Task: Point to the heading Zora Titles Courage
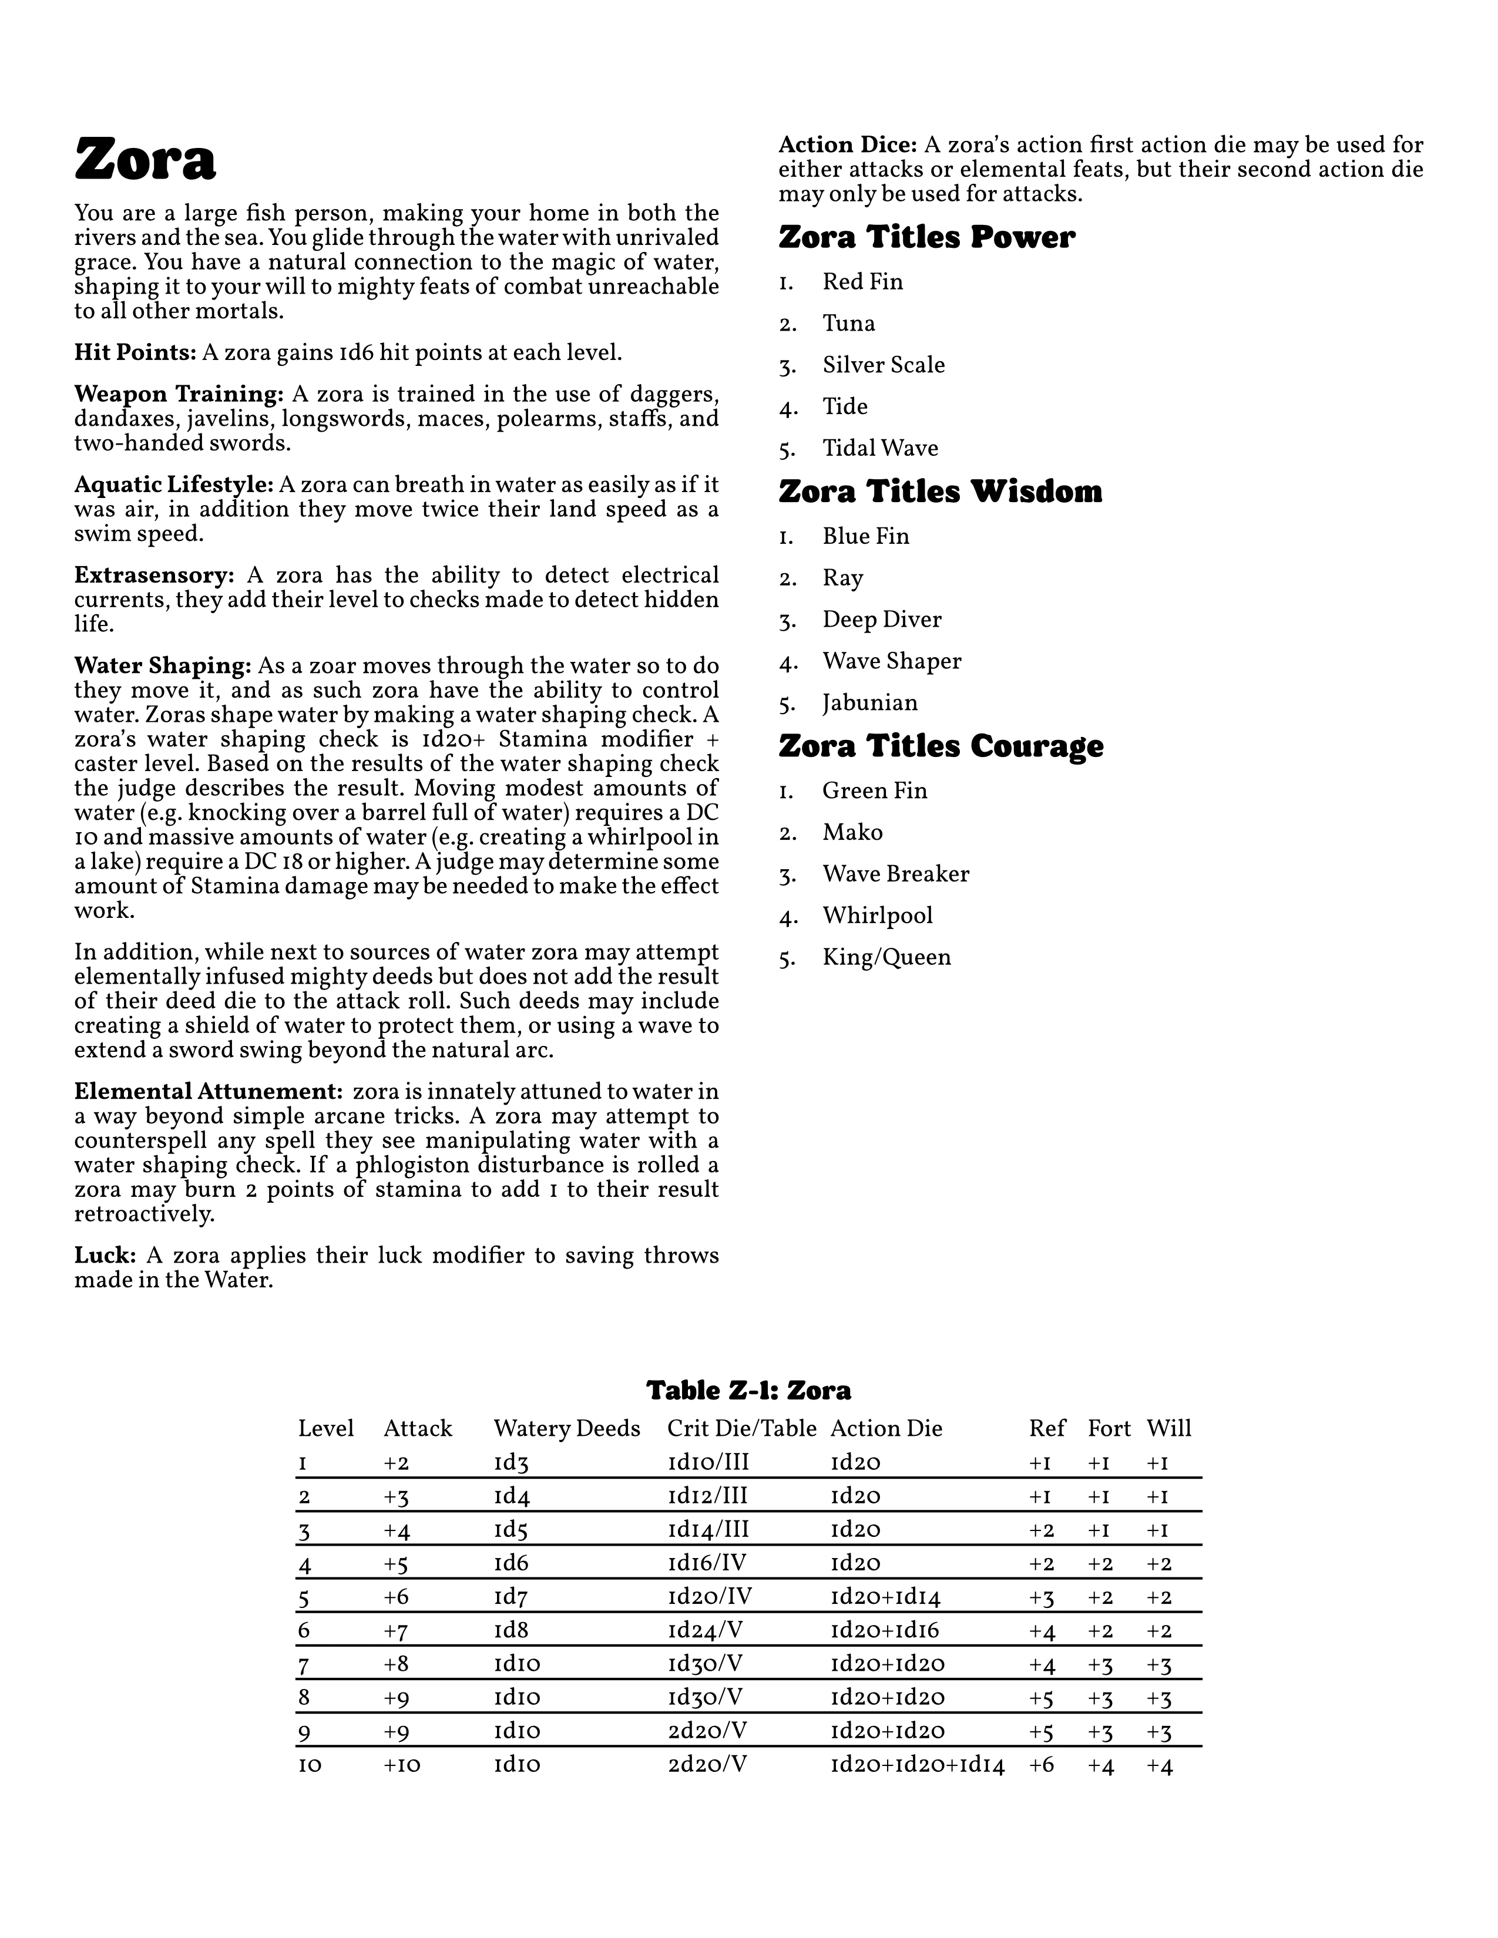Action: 941,746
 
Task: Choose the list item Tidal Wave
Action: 879,448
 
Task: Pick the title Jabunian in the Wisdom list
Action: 869,703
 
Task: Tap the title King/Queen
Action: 886,957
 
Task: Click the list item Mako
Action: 852,832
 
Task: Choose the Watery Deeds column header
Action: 566,1429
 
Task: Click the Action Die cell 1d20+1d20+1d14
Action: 917,1765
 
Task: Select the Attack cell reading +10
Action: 402,1765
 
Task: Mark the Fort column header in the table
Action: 1109,1429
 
